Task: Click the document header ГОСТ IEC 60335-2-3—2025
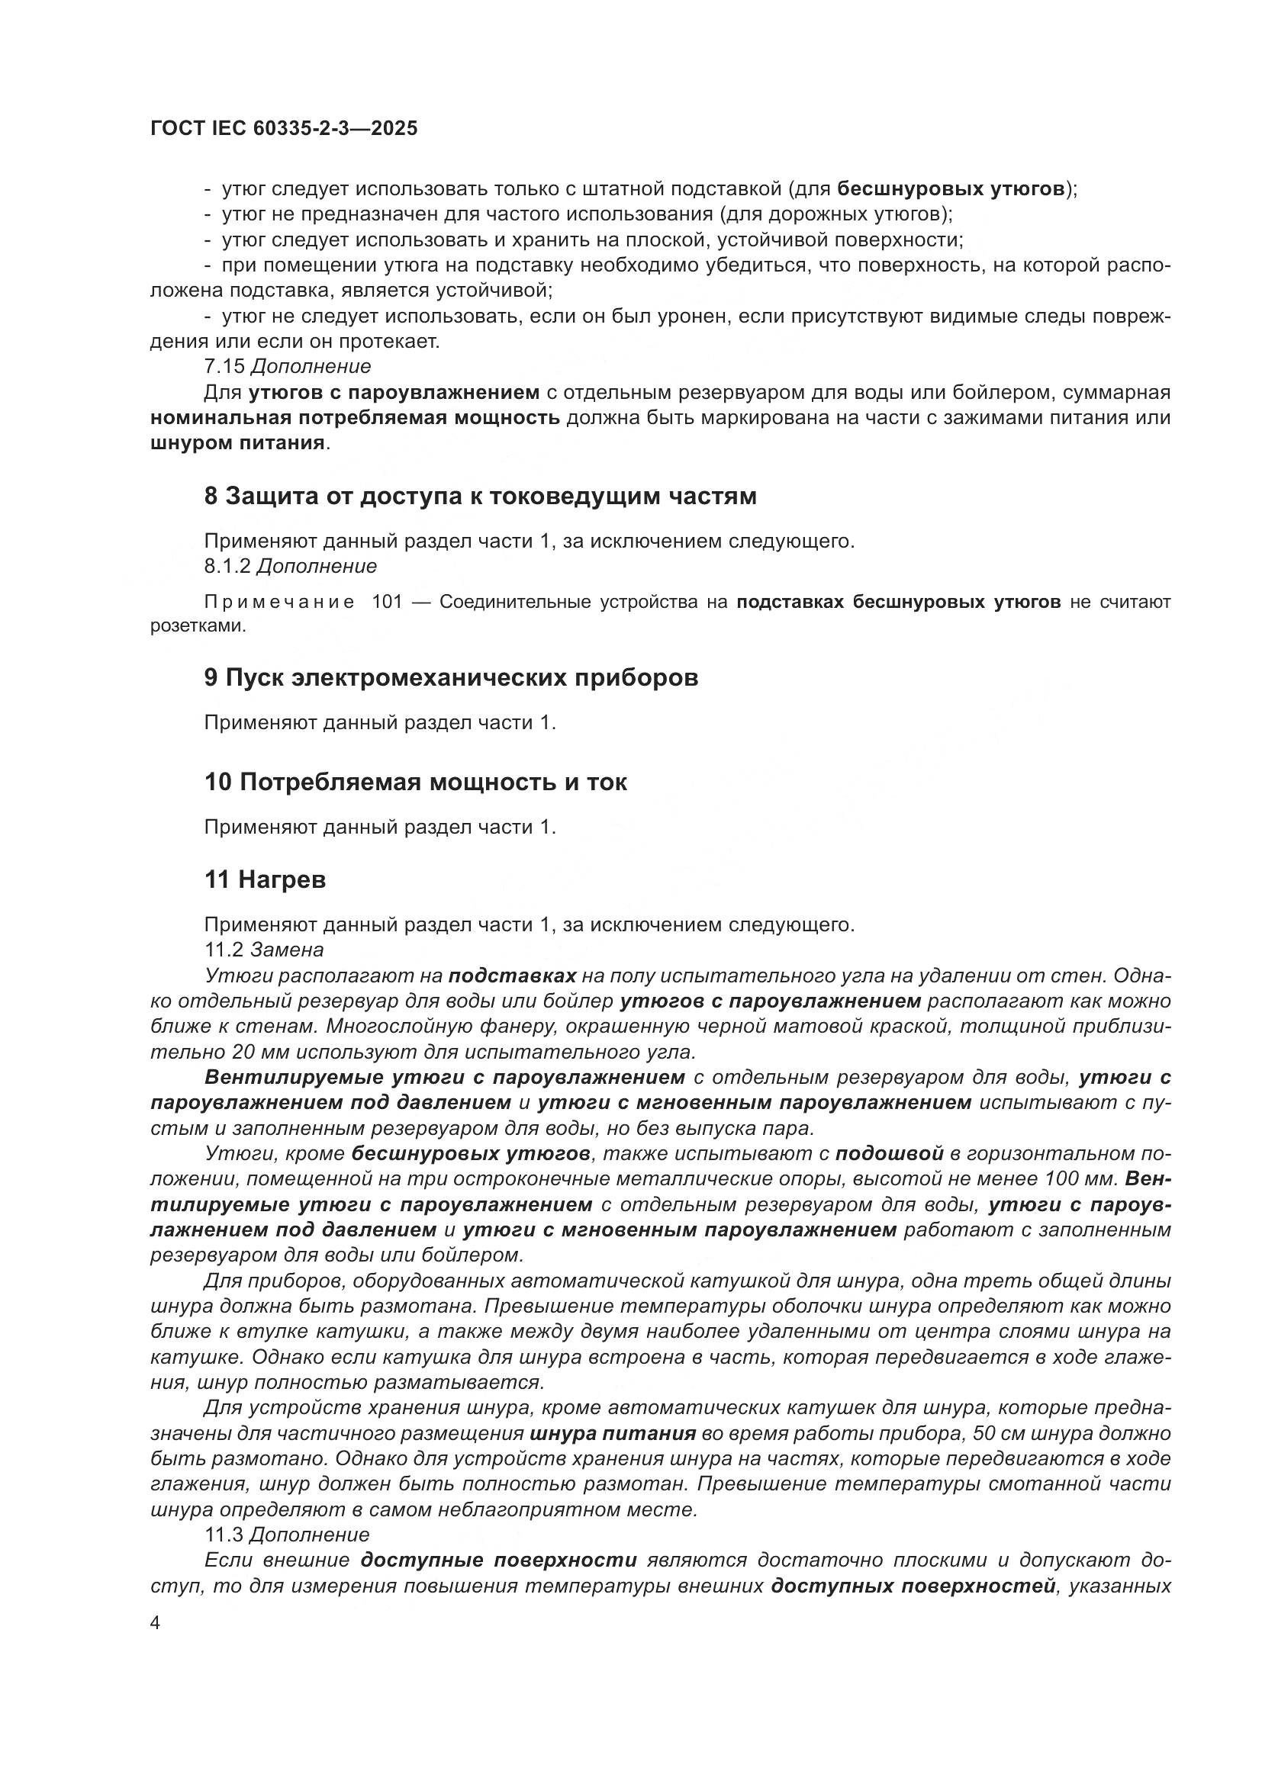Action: (x=284, y=128)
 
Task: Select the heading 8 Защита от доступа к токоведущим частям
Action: (x=480, y=497)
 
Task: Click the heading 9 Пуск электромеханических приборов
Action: (x=451, y=677)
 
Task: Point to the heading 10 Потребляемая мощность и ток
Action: (x=416, y=782)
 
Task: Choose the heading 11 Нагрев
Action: (x=265, y=879)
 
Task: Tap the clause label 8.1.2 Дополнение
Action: (x=290, y=566)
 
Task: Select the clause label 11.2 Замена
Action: (x=263, y=950)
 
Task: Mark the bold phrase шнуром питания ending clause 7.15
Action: (x=237, y=443)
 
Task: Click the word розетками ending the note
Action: (x=197, y=626)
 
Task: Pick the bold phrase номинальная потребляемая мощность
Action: (x=355, y=418)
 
